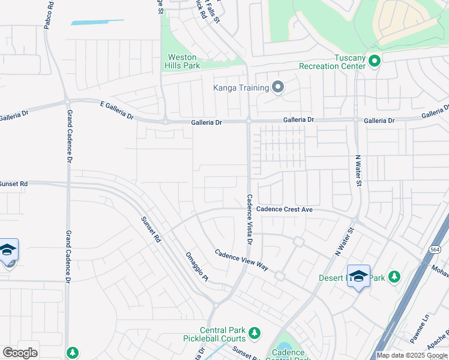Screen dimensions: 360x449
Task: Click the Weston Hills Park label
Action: (183, 61)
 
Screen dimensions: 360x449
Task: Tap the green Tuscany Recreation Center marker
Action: (375, 61)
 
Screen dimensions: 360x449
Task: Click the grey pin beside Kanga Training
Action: (277, 88)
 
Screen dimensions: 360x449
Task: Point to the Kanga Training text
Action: (241, 88)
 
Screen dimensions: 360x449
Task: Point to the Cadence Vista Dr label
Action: (249, 219)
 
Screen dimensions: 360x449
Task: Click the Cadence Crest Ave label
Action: (285, 209)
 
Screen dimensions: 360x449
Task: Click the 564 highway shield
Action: (435, 248)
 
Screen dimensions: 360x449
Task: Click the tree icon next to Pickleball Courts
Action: (254, 332)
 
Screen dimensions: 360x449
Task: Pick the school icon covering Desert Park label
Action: (358, 277)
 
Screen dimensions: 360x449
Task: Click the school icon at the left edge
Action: (8, 251)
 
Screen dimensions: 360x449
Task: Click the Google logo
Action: (20, 353)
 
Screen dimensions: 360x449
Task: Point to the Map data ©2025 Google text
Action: (411, 355)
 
